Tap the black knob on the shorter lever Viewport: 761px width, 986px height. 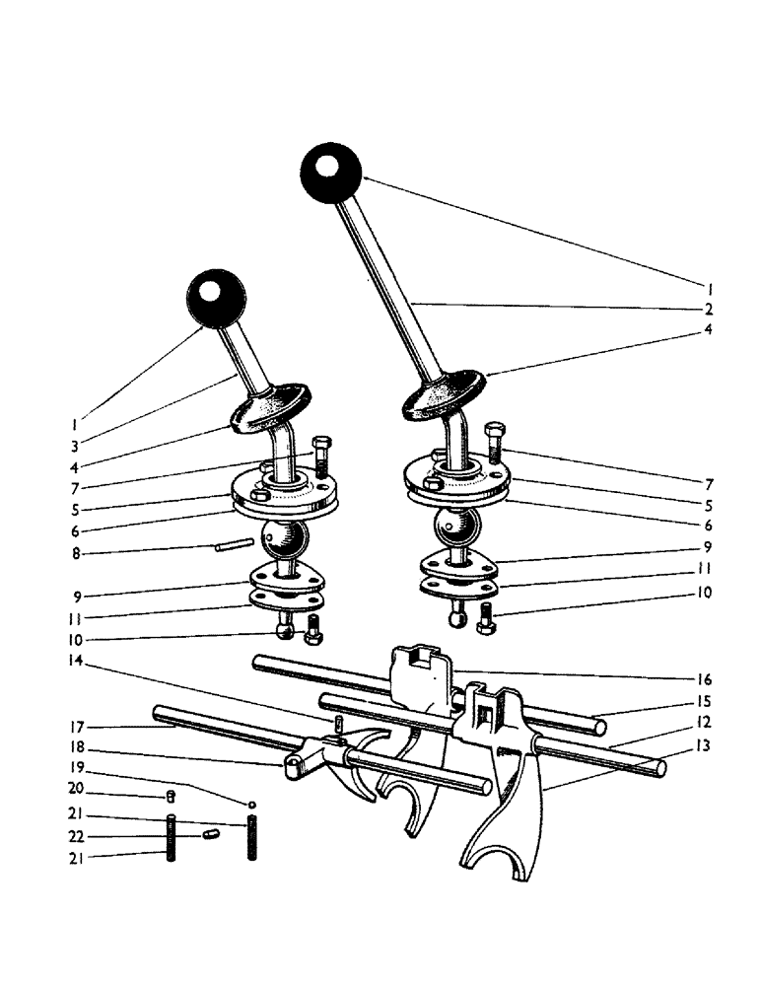coord(215,299)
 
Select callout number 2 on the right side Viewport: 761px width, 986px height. coord(710,309)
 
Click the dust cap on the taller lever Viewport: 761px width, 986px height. coord(444,395)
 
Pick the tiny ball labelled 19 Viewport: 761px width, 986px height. coord(252,804)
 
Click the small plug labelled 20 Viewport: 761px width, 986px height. coord(170,795)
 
